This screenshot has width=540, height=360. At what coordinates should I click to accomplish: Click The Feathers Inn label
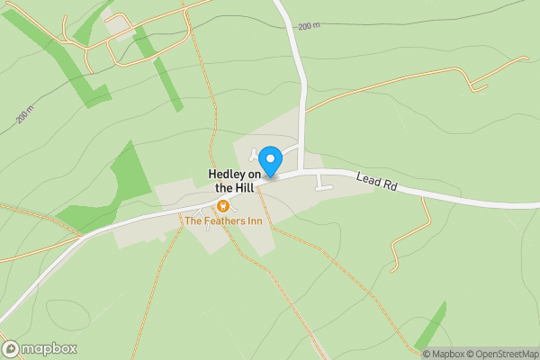pyautogui.click(x=222, y=220)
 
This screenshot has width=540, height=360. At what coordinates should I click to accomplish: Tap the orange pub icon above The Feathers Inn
pyautogui.click(x=222, y=205)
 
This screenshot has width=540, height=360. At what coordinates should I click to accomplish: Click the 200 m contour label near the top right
pyautogui.click(x=309, y=26)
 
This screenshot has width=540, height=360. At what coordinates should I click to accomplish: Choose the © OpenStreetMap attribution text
pyautogui.click(x=503, y=354)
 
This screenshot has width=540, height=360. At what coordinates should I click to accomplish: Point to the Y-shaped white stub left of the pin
pyautogui.click(x=256, y=155)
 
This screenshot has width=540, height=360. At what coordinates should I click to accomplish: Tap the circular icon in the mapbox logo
pyautogui.click(x=11, y=349)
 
